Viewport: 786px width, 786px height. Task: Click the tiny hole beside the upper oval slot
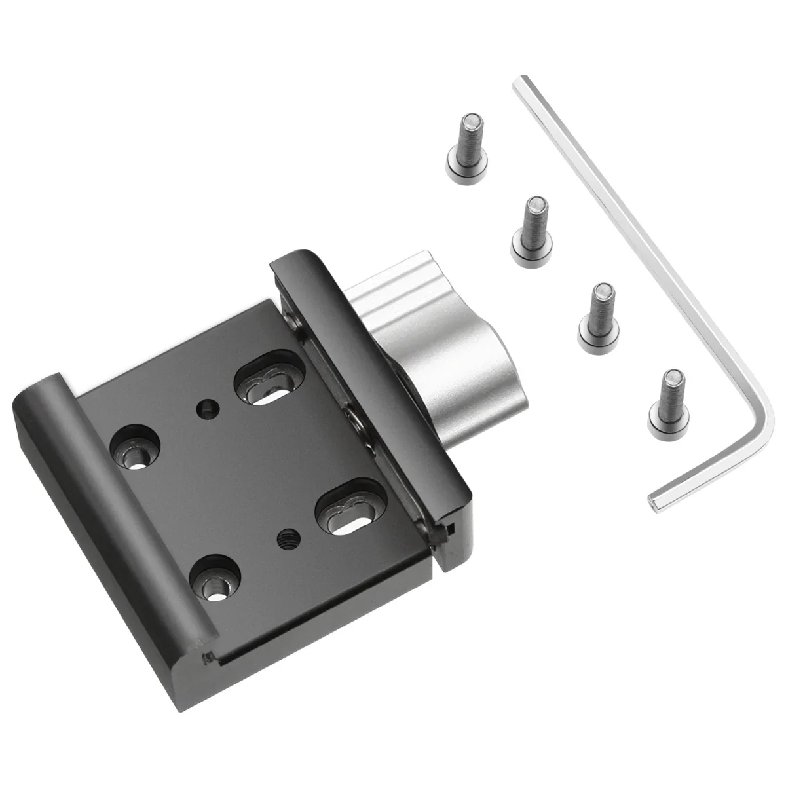pyautogui.click(x=207, y=409)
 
